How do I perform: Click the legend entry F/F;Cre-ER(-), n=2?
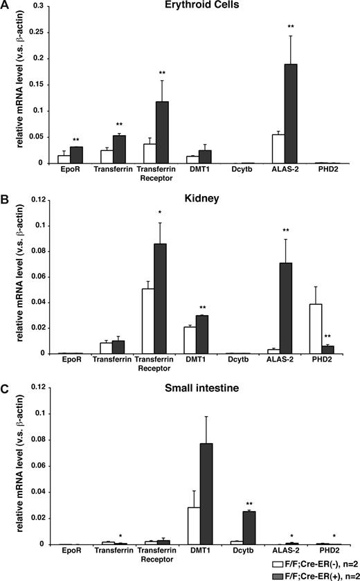pos(316,563)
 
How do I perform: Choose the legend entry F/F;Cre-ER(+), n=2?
pos(316,574)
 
